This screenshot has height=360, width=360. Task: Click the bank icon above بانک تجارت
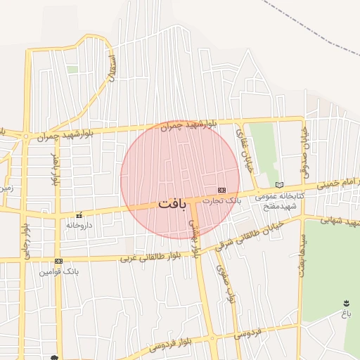click(x=221, y=190)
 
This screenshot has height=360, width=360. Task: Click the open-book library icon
click(x=279, y=185)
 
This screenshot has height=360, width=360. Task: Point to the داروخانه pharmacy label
click(x=79, y=226)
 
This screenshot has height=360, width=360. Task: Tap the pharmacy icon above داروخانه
click(x=79, y=215)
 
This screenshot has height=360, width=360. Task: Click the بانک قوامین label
click(x=58, y=271)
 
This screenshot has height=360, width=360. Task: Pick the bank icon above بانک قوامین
click(x=58, y=261)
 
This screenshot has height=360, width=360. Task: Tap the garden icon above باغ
click(x=346, y=300)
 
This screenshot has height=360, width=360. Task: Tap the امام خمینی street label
click(x=338, y=184)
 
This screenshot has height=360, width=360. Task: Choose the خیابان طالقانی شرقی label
click(x=247, y=233)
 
